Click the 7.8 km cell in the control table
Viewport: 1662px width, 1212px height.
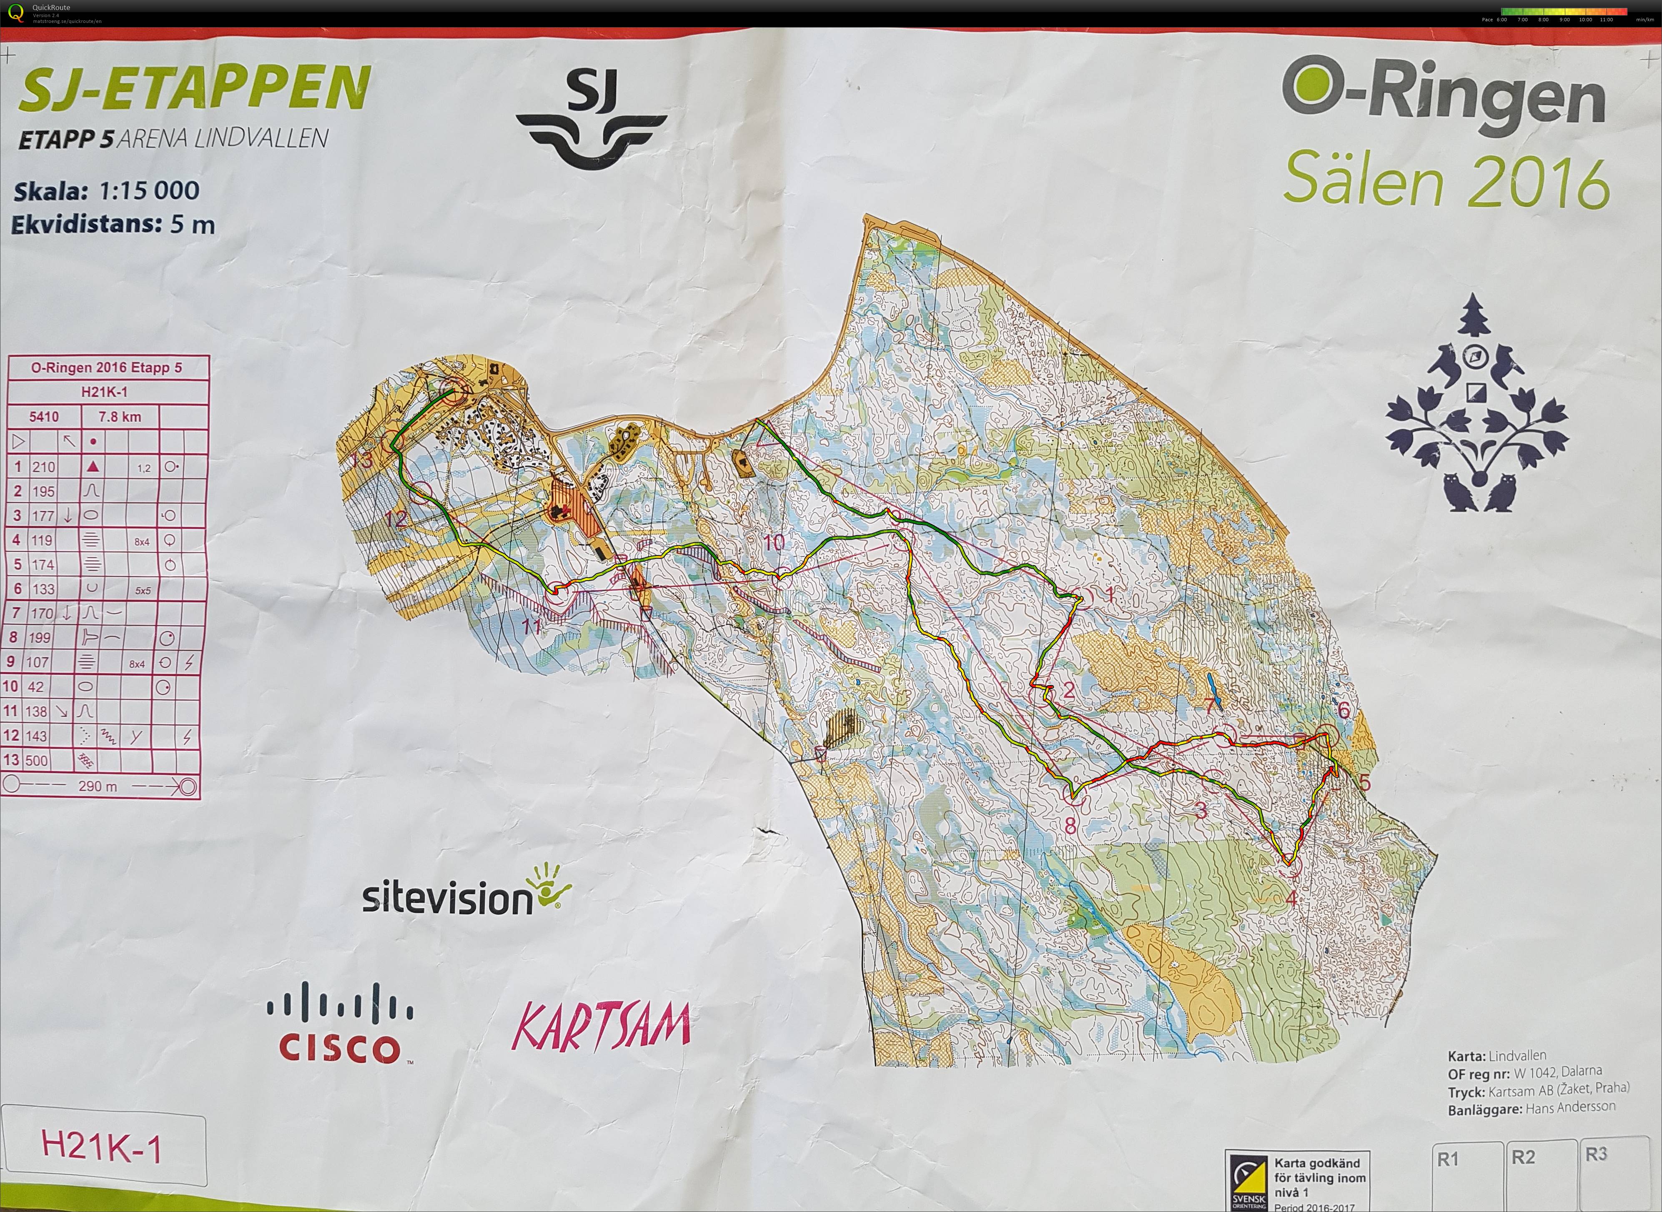coord(120,417)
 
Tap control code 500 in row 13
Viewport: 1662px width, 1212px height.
coord(37,761)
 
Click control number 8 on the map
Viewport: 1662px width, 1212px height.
coord(1070,825)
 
